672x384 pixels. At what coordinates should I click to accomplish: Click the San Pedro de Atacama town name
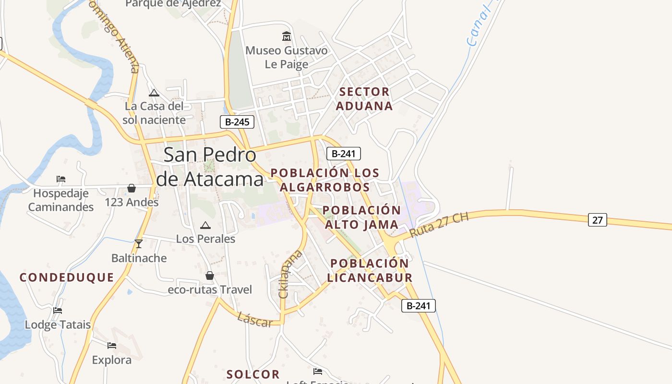pyautogui.click(x=210, y=167)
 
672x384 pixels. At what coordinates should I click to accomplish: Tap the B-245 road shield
pyautogui.click(x=237, y=122)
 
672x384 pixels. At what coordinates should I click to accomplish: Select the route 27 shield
pyautogui.click(x=597, y=220)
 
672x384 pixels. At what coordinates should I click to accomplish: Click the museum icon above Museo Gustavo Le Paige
pyautogui.click(x=287, y=36)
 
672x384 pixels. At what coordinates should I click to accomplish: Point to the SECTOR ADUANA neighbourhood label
pyautogui.click(x=364, y=99)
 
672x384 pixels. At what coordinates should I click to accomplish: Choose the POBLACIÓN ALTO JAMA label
pyautogui.click(x=361, y=217)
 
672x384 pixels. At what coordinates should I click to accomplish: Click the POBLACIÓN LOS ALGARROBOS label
pyautogui.click(x=325, y=180)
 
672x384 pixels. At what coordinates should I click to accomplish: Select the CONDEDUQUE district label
pyautogui.click(x=67, y=277)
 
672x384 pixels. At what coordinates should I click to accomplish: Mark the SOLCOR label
pyautogui.click(x=253, y=374)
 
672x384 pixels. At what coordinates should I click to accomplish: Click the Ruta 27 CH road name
pyautogui.click(x=439, y=225)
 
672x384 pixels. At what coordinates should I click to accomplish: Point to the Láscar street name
pyautogui.click(x=255, y=320)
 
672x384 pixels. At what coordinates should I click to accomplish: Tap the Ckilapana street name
pyautogui.click(x=290, y=274)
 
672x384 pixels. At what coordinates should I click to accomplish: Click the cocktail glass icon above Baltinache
pyautogui.click(x=139, y=244)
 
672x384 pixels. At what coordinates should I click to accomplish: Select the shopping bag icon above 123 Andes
pyautogui.click(x=132, y=188)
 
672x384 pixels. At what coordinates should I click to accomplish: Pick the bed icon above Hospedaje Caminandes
pyautogui.click(x=61, y=179)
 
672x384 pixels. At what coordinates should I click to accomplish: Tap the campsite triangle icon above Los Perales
pyautogui.click(x=205, y=225)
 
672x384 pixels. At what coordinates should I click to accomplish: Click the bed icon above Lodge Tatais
pyautogui.click(x=58, y=311)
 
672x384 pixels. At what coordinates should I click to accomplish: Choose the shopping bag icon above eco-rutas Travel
pyautogui.click(x=210, y=276)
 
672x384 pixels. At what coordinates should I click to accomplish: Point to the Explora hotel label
pyautogui.click(x=111, y=360)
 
